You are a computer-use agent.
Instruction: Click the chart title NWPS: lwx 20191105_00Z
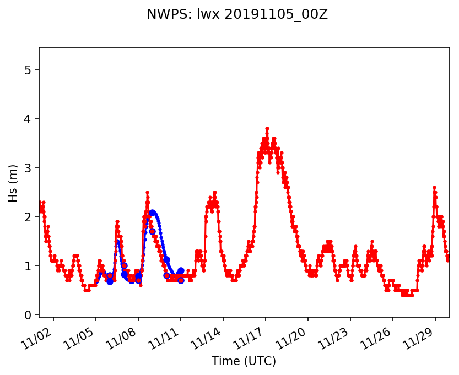point(237,15)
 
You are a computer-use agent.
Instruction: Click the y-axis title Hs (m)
point(13,182)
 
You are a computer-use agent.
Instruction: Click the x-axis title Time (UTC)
point(244,361)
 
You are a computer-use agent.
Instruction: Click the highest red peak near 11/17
point(267,128)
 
